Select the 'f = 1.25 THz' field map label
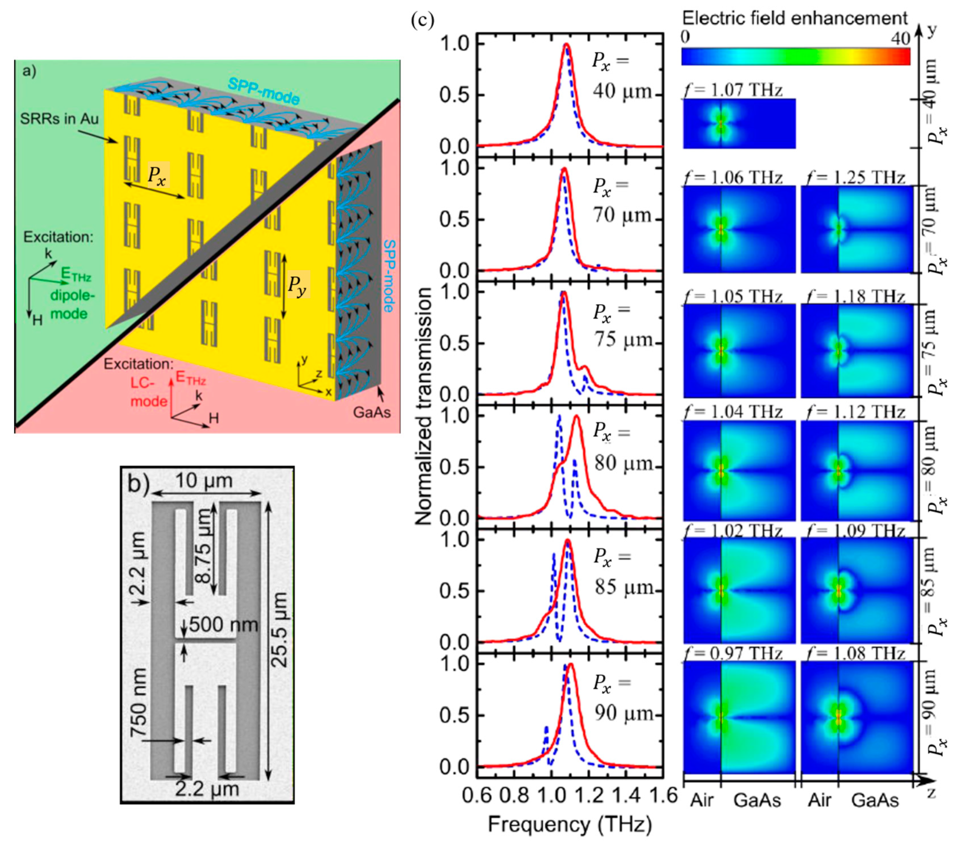point(856,177)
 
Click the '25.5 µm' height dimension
point(280,629)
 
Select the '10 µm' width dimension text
point(204,480)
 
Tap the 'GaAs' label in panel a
point(372,412)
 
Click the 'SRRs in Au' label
point(59,119)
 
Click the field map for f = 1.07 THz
point(739,123)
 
